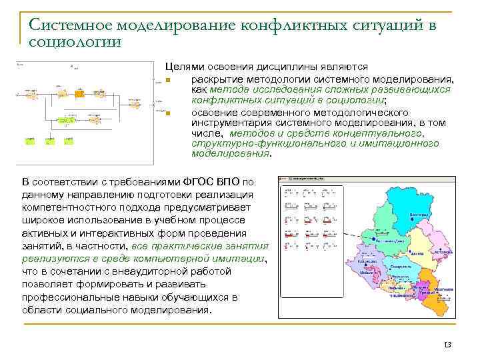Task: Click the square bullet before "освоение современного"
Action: coord(169,113)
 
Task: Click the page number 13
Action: coord(447,345)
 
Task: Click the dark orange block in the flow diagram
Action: coord(79,94)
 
